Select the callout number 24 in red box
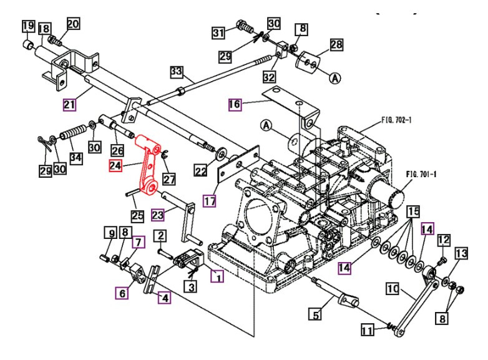pos(115,166)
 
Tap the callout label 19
pos(28,26)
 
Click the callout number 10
pos(393,289)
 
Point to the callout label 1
pos(217,275)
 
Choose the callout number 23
pos(159,215)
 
